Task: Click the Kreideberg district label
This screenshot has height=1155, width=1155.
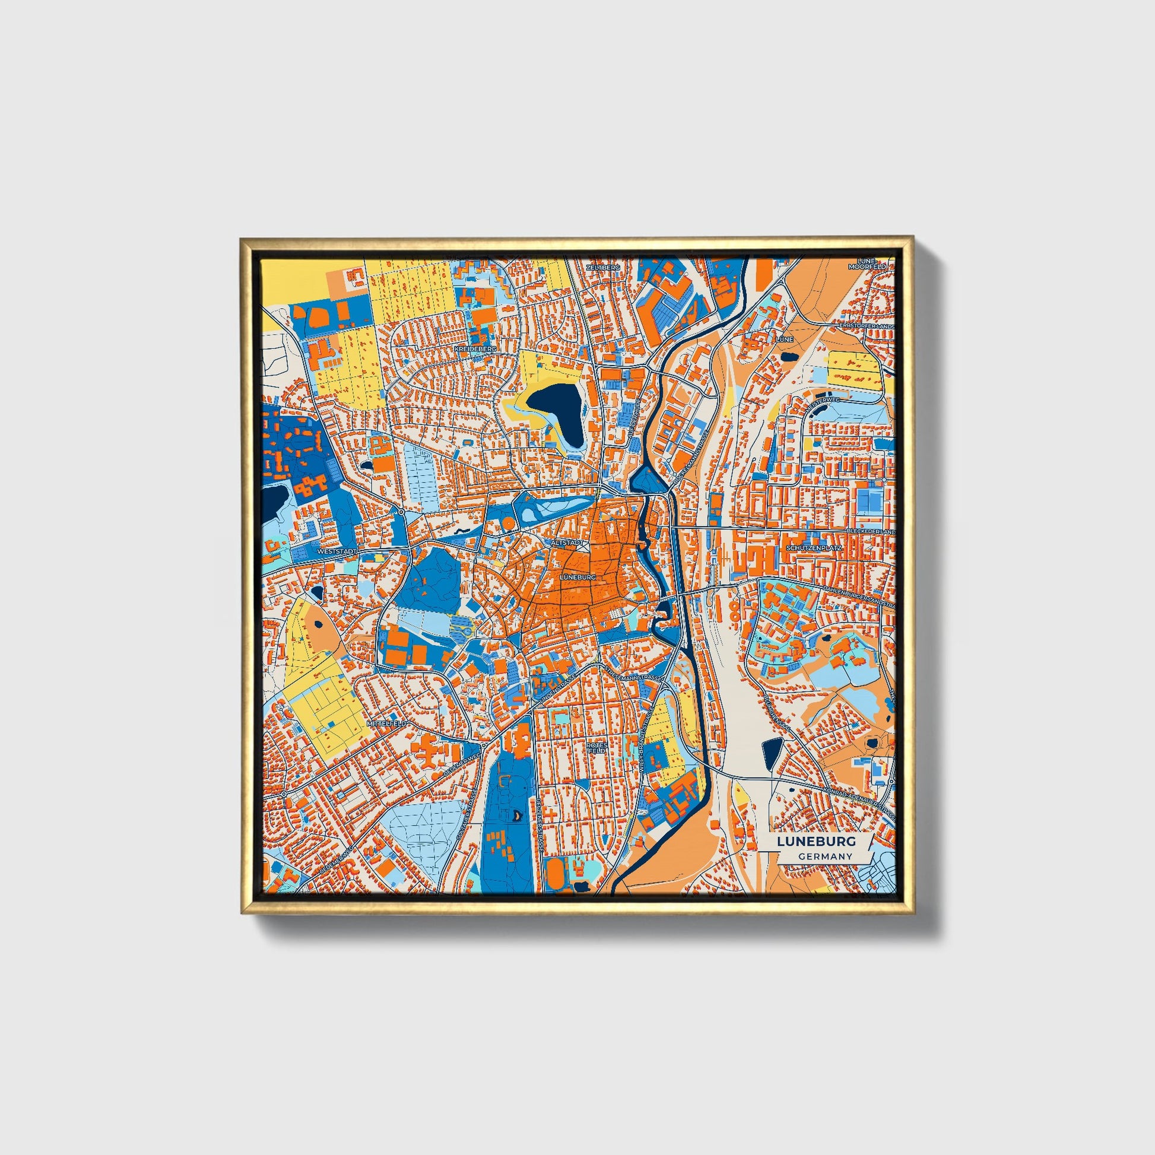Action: coord(475,348)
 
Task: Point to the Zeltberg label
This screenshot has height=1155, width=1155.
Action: coord(603,267)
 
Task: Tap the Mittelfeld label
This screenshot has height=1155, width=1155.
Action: coord(386,723)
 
